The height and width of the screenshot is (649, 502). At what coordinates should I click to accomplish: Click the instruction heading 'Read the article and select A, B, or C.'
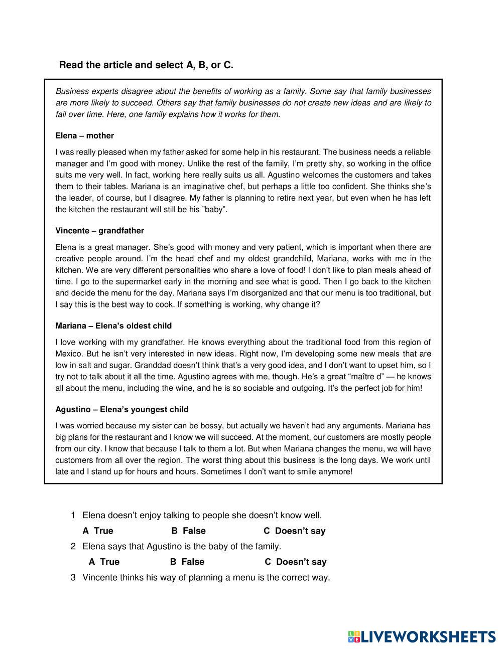[146, 65]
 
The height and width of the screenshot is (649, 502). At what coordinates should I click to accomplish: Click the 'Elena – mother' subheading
[84, 136]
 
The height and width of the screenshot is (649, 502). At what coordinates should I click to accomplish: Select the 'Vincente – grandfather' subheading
[99, 231]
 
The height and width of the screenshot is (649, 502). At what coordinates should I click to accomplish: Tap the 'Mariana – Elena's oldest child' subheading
[113, 326]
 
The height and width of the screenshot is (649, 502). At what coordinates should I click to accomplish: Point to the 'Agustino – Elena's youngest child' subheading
[122, 410]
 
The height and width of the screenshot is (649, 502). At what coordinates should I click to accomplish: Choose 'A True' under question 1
[98, 531]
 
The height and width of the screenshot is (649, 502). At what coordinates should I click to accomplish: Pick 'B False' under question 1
[188, 531]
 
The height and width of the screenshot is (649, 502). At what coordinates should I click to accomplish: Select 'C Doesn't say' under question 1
[295, 531]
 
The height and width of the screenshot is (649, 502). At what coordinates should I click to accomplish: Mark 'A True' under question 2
[104, 562]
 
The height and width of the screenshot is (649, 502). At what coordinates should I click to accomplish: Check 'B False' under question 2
[187, 562]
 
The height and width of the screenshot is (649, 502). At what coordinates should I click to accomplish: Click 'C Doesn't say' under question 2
[296, 562]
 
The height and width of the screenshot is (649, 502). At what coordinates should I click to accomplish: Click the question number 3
[73, 577]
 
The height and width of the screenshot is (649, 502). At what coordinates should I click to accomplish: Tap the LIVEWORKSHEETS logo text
[428, 637]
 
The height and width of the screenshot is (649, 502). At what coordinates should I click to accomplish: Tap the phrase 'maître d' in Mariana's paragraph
[369, 377]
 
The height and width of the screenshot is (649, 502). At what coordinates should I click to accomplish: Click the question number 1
[73, 515]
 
